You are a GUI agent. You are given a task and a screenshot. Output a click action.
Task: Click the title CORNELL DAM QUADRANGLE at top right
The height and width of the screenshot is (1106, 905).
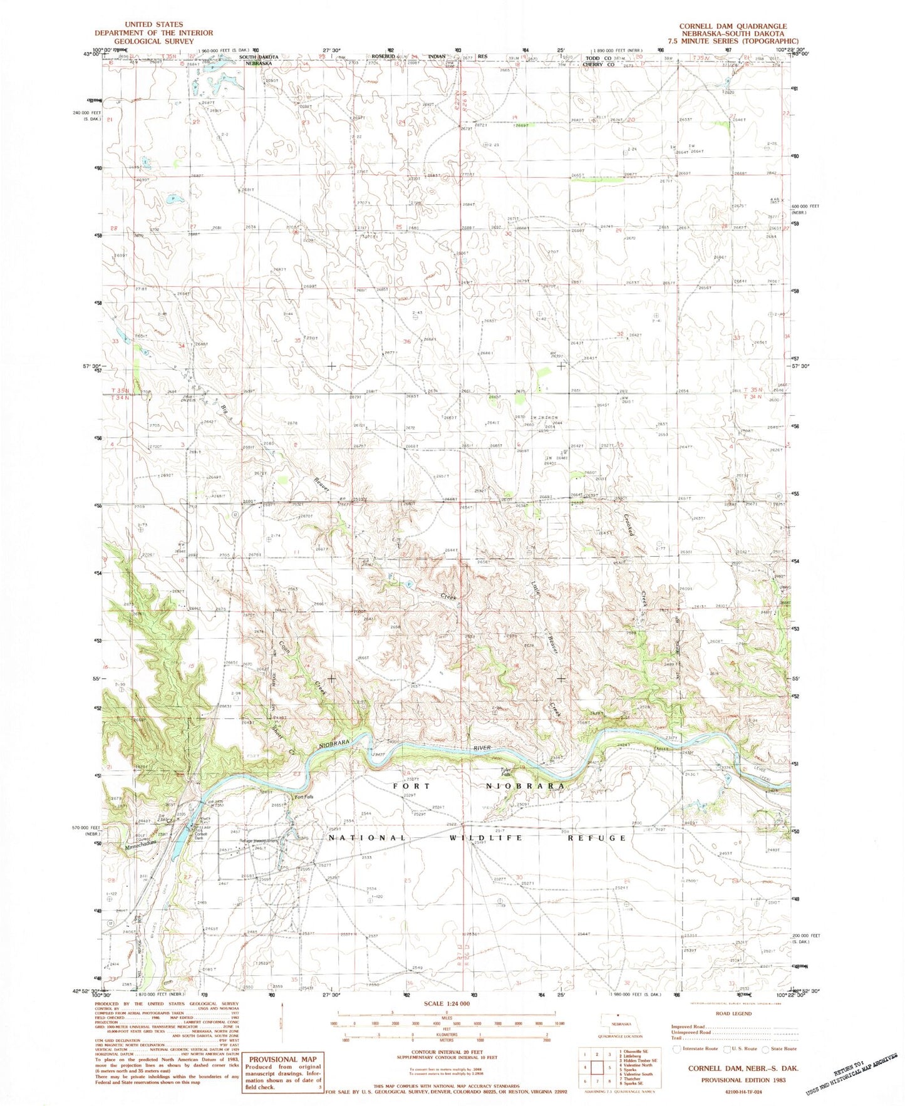click(x=733, y=26)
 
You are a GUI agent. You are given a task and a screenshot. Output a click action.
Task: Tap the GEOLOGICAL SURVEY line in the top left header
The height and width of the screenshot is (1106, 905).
click(x=153, y=41)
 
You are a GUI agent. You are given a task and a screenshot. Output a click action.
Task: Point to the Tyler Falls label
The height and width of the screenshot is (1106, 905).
click(x=506, y=772)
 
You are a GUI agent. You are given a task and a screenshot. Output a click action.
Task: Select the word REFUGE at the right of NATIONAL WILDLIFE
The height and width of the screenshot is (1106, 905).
click(x=602, y=837)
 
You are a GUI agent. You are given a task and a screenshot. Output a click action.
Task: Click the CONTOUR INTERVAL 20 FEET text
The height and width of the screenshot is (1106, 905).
click(x=447, y=1052)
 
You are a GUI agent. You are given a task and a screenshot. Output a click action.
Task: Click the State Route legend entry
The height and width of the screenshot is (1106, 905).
click(x=779, y=1048)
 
